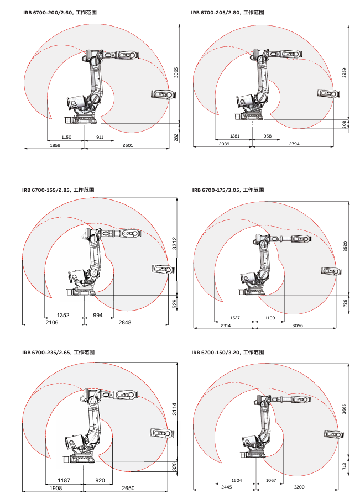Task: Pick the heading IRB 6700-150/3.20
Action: point(227,352)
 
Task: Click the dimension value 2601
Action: point(127,145)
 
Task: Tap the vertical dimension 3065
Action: point(176,73)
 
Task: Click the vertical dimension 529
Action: point(175,303)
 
